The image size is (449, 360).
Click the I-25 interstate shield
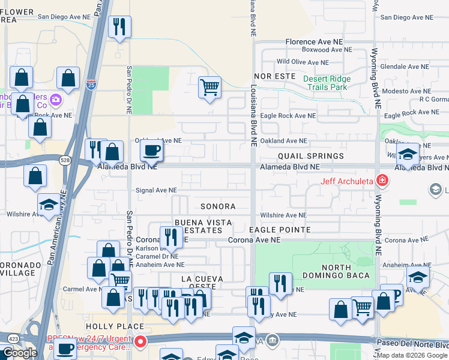tap(91, 85)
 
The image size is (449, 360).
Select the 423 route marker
tap(11, 339)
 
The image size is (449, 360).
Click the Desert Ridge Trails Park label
tap(325, 83)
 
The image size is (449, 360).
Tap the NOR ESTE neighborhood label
tap(275, 77)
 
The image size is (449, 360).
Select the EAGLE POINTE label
tap(280, 230)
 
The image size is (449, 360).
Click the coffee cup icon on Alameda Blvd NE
tap(151, 150)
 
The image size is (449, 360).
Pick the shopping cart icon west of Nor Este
tap(210, 88)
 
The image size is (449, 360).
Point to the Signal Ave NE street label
tap(156, 190)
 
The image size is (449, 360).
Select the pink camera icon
tap(56, 99)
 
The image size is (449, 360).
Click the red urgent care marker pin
tap(140, 343)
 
